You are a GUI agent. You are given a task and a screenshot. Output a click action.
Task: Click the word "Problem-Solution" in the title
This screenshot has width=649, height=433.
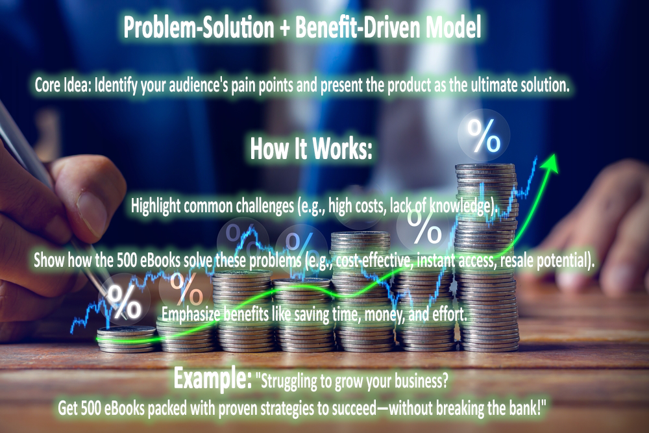point(199,28)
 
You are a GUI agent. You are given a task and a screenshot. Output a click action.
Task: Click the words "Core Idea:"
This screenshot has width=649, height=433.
point(64,86)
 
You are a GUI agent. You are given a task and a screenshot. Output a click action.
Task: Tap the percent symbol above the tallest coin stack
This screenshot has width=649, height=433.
point(484,136)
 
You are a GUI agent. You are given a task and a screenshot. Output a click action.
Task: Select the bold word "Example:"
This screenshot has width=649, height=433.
point(213,378)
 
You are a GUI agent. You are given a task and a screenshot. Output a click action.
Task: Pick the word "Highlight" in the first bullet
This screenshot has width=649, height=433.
point(156,206)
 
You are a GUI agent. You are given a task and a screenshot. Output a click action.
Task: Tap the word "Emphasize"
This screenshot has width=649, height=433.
point(190,315)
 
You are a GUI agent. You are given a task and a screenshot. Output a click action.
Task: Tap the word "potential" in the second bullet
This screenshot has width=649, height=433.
point(563,260)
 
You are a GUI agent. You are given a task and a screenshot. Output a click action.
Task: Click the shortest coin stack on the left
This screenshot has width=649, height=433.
point(127,340)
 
